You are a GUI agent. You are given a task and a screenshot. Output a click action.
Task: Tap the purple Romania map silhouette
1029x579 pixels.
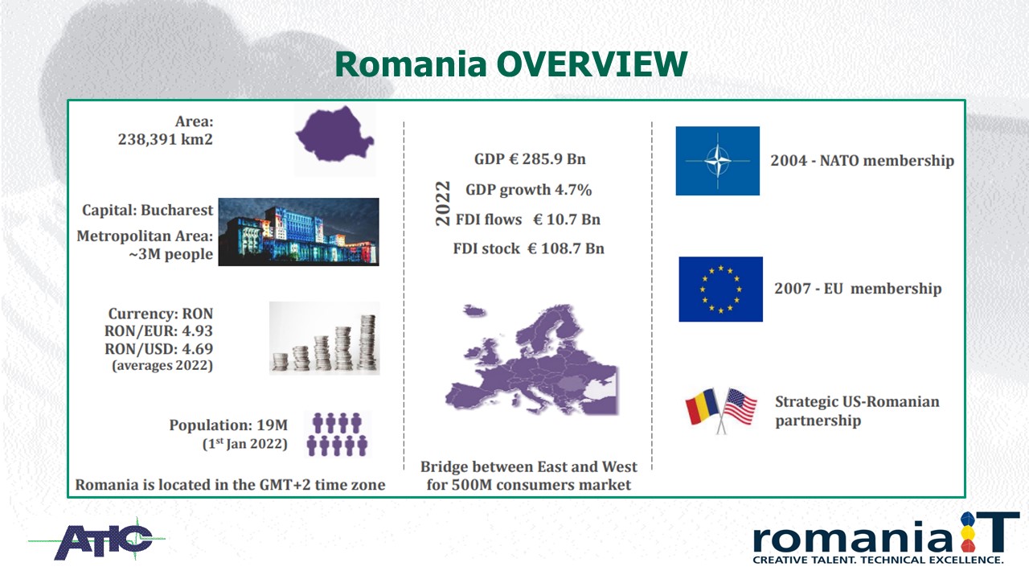pos(335,134)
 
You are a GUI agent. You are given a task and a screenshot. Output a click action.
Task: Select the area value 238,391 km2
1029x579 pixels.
pos(166,139)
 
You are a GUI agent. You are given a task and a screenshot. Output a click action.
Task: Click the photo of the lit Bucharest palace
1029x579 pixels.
pos(298,232)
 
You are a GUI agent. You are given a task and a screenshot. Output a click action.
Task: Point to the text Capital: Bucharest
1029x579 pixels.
pos(147,210)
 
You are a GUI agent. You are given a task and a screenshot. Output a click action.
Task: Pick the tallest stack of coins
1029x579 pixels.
pos(368,343)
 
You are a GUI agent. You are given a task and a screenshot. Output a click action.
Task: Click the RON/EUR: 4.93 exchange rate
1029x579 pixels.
pos(158,331)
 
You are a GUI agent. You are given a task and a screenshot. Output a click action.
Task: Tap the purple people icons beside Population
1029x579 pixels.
pos(337,434)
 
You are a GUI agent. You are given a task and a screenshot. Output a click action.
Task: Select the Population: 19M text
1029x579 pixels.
pos(228,425)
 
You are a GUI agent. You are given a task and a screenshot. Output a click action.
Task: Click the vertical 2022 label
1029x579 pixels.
pos(443,203)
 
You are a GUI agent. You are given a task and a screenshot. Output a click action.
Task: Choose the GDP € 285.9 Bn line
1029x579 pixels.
pos(530,159)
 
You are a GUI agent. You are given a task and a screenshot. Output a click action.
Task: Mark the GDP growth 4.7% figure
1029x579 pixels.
pos(528,190)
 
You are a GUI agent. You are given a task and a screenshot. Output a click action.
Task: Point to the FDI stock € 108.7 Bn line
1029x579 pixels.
pos(528,248)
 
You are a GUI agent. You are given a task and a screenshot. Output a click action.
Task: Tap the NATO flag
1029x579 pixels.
pos(718,161)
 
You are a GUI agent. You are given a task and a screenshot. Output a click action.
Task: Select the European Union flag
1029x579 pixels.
pos(721,289)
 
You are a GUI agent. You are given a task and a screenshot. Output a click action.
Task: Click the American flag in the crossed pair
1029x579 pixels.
pos(740,407)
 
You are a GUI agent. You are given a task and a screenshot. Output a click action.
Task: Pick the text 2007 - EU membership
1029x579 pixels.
pos(858,289)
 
